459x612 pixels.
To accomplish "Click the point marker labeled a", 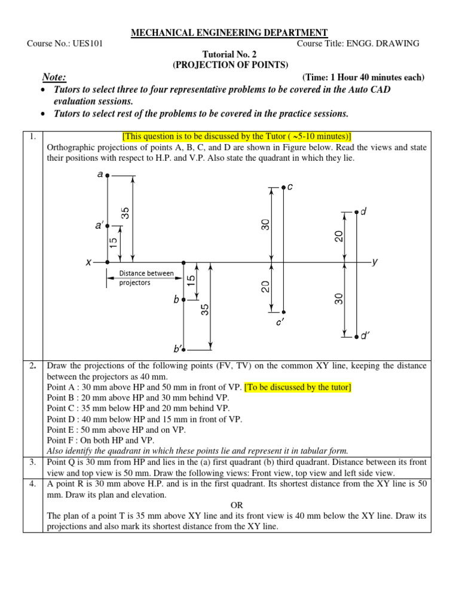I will (107, 175).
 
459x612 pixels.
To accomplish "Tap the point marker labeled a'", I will (107, 226).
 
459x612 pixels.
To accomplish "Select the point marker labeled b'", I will (183, 349).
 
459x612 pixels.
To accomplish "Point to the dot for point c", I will (283, 187).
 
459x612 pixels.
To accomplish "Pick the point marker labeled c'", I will (283, 311).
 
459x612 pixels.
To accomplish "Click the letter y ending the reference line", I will (375, 262).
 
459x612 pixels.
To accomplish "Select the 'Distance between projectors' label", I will (146, 278).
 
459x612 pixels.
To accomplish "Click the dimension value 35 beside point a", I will (126, 213).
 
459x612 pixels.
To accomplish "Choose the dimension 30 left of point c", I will (265, 225).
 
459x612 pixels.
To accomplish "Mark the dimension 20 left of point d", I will (338, 237).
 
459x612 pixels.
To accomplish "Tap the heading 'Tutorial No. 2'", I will (229, 54).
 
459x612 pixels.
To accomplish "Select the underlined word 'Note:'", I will (54, 77).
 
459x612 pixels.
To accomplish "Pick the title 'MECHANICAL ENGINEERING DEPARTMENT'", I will (229, 33).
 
